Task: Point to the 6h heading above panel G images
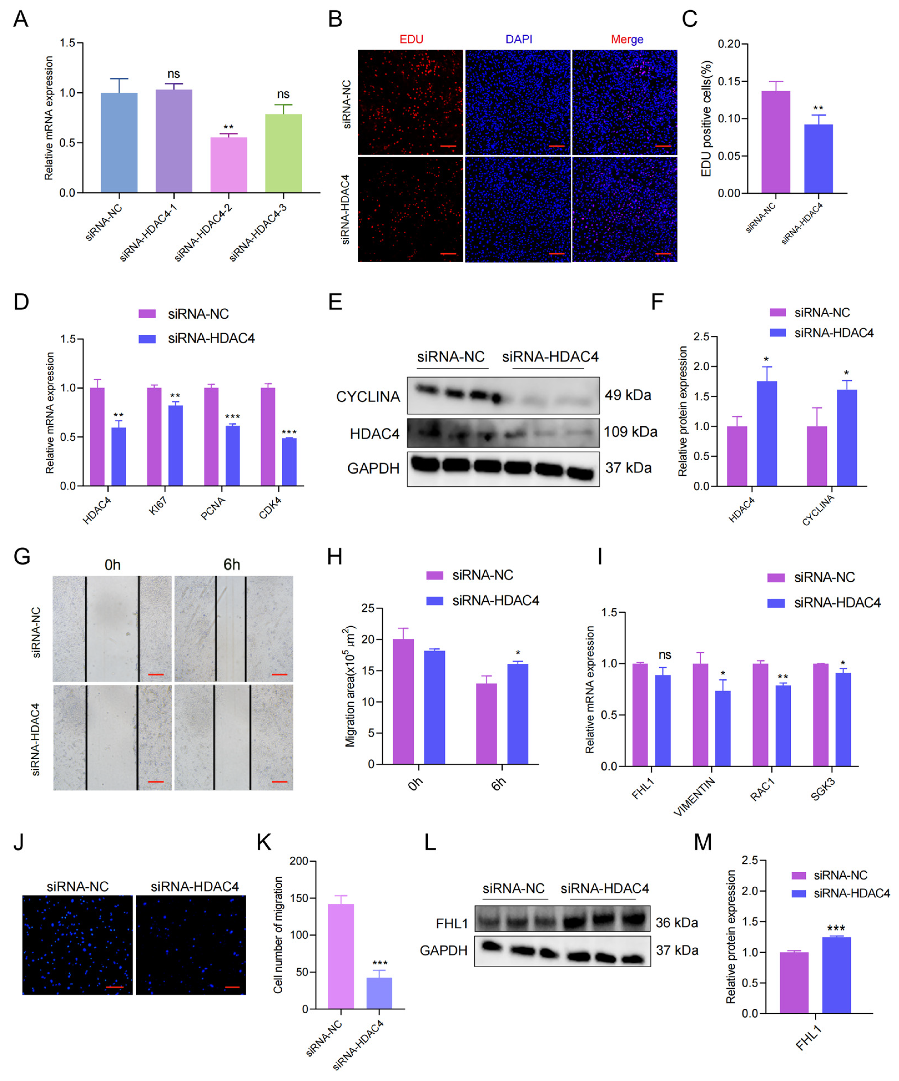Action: tap(232, 565)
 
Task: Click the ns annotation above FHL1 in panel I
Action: tap(665, 655)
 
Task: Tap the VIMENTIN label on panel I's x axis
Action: tap(694, 796)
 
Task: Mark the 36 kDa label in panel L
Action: tap(677, 922)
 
